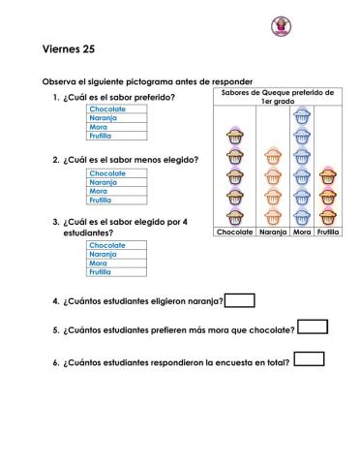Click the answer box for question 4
pyautogui.click(x=239, y=300)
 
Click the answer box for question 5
pyautogui.click(x=313, y=327)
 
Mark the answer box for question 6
pyautogui.click(x=309, y=359)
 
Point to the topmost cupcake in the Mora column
pyautogui.click(x=301, y=116)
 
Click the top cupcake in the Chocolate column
pyautogui.click(x=234, y=137)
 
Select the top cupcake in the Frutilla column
pyautogui.click(x=328, y=176)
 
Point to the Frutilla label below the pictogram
pyautogui.click(x=328, y=233)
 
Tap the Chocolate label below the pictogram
pyautogui.click(x=234, y=233)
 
